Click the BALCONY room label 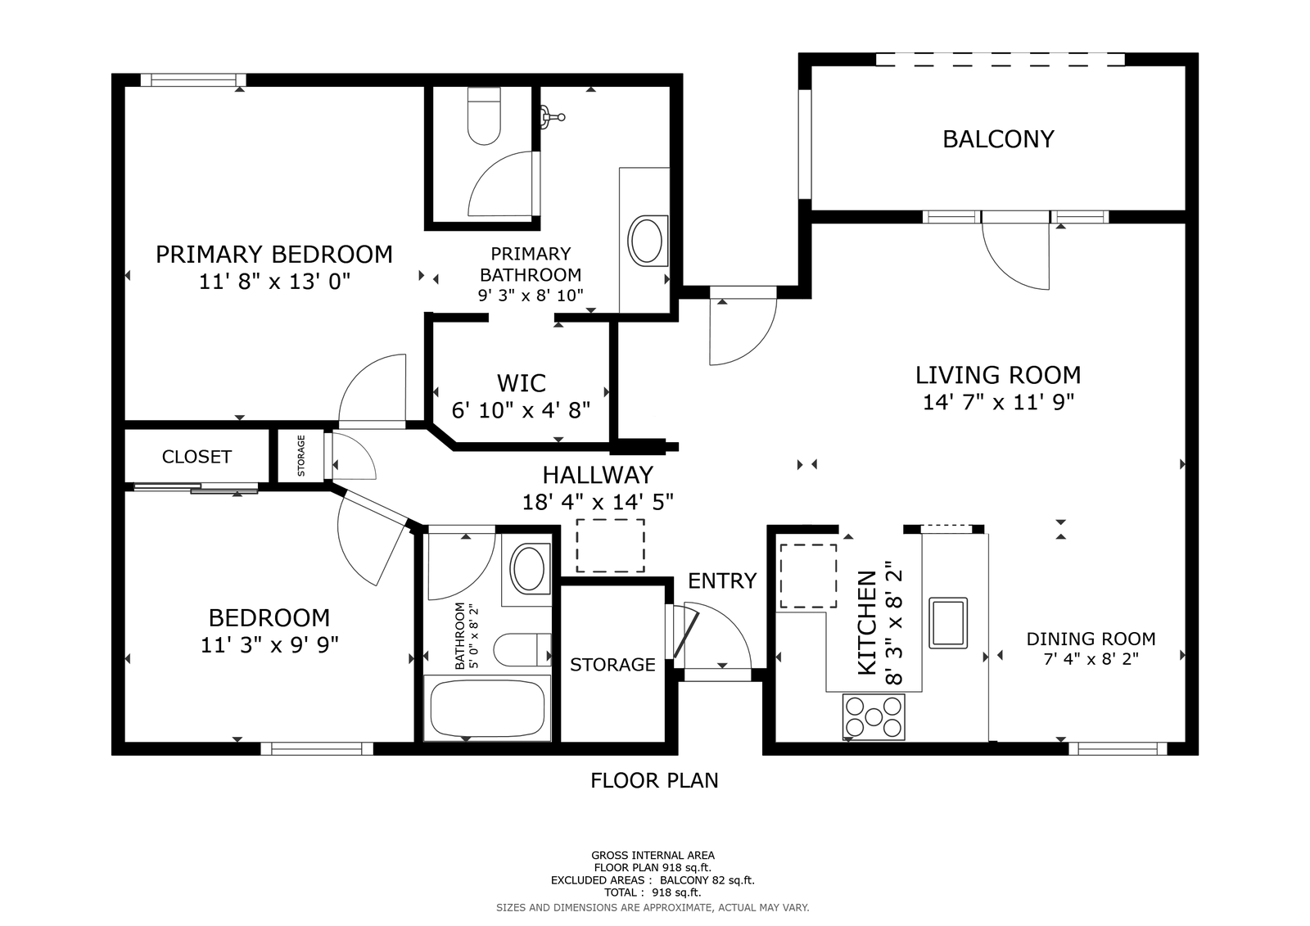998,139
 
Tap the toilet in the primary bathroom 484,115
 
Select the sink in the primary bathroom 647,241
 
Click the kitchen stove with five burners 874,716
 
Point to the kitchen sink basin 948,623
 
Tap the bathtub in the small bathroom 487,708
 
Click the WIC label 521,384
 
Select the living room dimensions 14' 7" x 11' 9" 998,403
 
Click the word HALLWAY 598,475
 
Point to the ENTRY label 722,580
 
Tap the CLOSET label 196,457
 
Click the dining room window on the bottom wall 1118,749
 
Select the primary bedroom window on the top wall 193,80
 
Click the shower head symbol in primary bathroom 552,116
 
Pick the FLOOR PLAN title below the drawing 654,780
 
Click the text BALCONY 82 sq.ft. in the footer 707,880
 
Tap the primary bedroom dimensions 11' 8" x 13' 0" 274,282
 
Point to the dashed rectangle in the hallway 611,545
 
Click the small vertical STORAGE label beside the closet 301,456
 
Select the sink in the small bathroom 529,568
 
